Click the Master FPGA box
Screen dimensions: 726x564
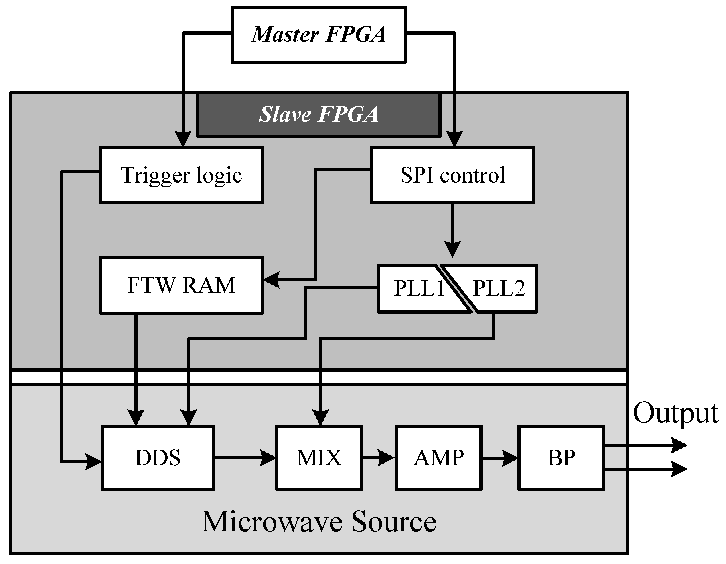coord(319,34)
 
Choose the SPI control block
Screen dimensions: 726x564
coord(452,175)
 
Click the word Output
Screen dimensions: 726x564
coord(675,414)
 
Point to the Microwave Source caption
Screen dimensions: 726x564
coord(319,522)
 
